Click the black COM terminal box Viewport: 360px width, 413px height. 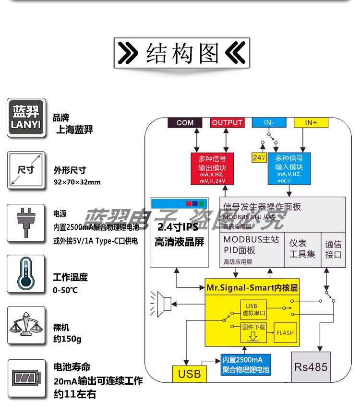click(185, 123)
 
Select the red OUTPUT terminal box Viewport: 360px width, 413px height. click(227, 123)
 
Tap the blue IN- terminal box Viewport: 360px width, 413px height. click(269, 123)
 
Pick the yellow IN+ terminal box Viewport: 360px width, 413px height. click(311, 123)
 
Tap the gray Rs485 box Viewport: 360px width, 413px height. click(311, 367)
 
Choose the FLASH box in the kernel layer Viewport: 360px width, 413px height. click(285, 332)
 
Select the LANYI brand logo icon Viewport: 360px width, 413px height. click(27, 118)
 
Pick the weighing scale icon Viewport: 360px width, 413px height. click(26, 326)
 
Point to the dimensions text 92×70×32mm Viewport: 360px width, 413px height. click(77, 182)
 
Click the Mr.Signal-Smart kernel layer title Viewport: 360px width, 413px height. click(252, 288)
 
